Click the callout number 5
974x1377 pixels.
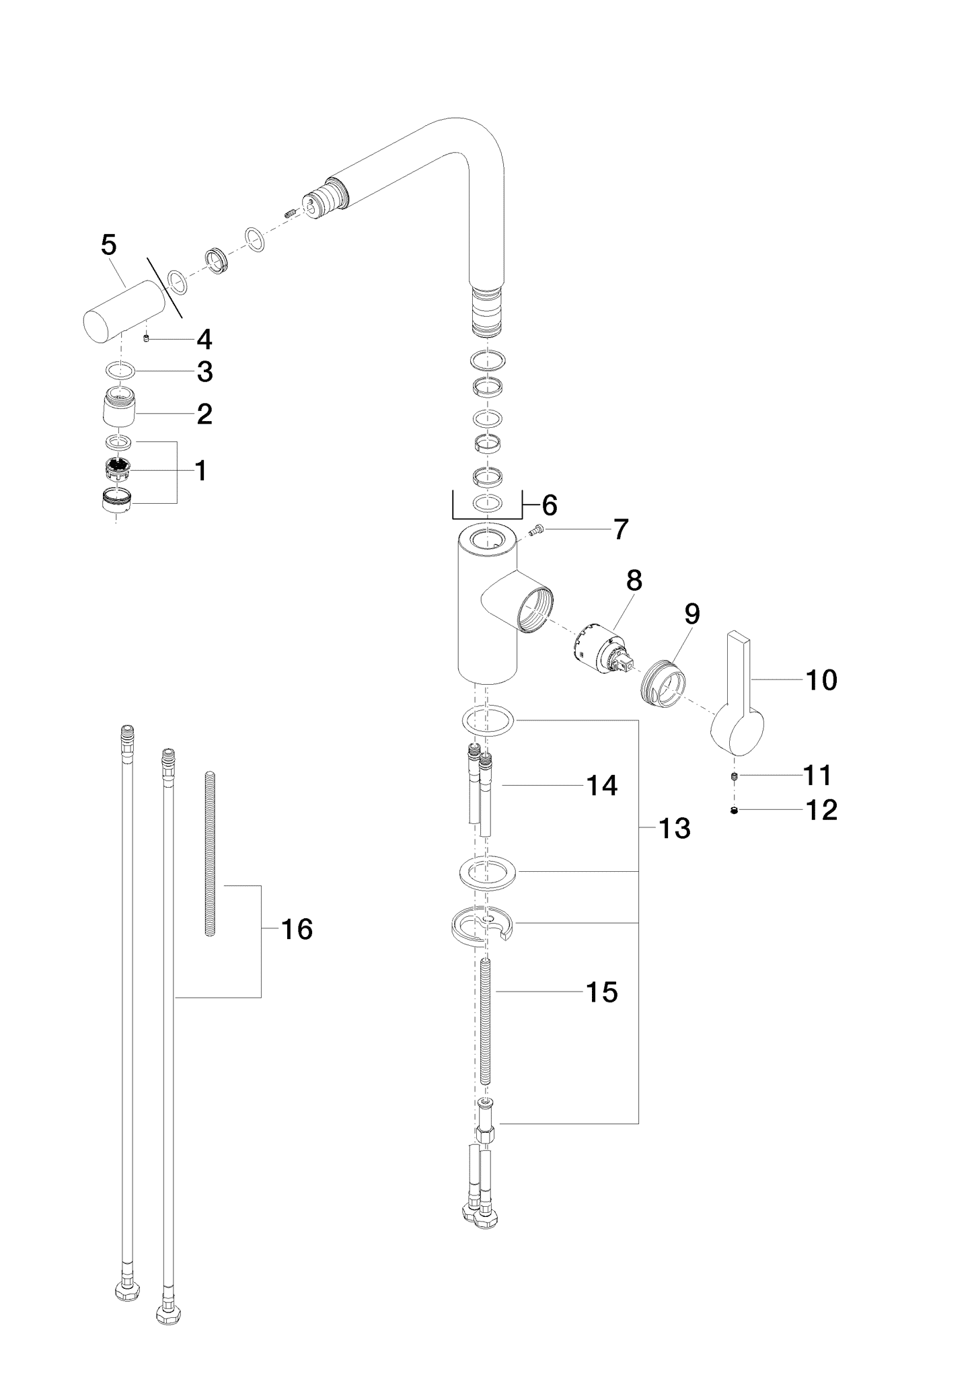pos(108,245)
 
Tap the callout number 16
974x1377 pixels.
pos(297,930)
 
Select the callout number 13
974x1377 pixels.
pos(674,829)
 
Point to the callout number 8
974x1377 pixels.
pos(634,581)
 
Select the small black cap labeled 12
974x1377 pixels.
pos(735,811)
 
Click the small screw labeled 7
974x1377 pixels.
pos(535,531)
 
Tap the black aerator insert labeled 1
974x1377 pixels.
pos(118,467)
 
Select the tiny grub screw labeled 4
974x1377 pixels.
pos(146,339)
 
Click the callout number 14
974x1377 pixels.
pos(602,786)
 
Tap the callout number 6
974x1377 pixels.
pos(550,505)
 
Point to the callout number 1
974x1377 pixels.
pos(201,471)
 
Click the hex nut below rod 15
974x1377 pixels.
pos(486,1133)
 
